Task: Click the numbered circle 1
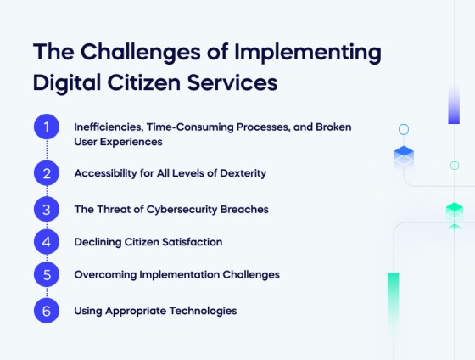point(47,127)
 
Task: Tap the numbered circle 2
point(47,173)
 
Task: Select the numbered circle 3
point(47,209)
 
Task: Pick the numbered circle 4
point(47,242)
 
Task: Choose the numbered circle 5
point(47,275)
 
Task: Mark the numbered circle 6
point(47,311)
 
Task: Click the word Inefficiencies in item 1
point(108,127)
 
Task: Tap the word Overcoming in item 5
point(103,275)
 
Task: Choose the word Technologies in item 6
point(204,311)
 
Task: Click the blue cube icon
point(404,155)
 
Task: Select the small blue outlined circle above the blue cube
point(404,130)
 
